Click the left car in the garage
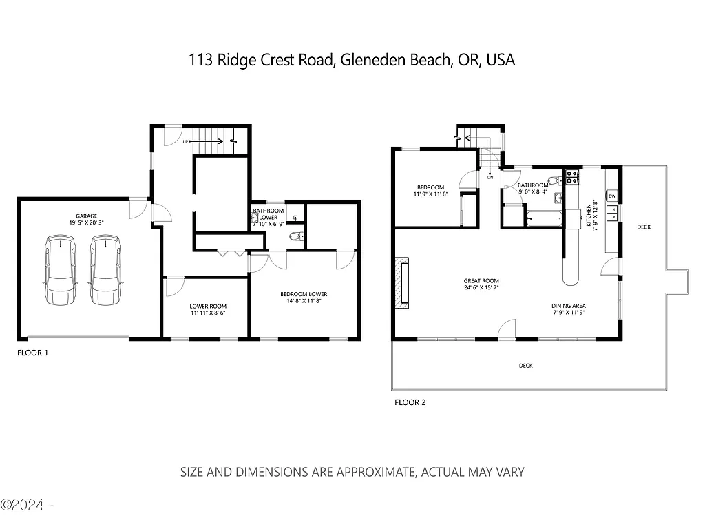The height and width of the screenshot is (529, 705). click(x=61, y=271)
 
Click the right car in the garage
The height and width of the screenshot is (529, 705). click(x=105, y=271)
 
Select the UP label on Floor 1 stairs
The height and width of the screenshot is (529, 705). click(x=186, y=142)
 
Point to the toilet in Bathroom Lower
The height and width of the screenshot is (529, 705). click(x=295, y=237)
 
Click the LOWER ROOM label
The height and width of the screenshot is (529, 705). click(x=208, y=307)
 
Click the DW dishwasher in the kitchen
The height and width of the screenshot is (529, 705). click(x=612, y=197)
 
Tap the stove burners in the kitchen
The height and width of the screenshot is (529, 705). click(x=571, y=177)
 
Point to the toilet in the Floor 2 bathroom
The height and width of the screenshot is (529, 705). click(x=555, y=183)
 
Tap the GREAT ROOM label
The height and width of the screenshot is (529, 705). click(x=481, y=280)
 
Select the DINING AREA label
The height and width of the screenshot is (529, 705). click(x=568, y=306)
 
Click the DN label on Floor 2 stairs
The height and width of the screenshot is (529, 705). click(x=490, y=177)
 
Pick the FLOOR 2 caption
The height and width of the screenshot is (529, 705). click(x=410, y=402)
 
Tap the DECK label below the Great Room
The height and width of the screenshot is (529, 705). click(x=525, y=366)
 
